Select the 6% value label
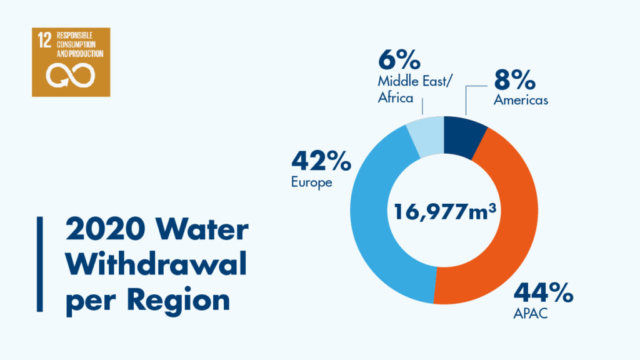(399, 62)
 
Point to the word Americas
(521, 100)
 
